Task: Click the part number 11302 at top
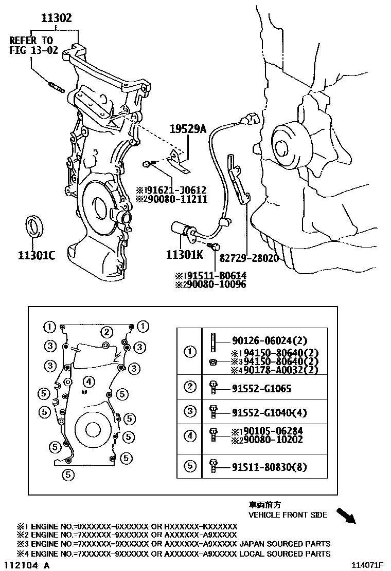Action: coord(57,19)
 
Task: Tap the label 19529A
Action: coord(188,129)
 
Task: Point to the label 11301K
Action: coord(184,255)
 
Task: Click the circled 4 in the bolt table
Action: coord(190,436)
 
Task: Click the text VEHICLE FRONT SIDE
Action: coord(288,515)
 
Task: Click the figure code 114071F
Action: coord(367,565)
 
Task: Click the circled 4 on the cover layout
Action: coord(89,381)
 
